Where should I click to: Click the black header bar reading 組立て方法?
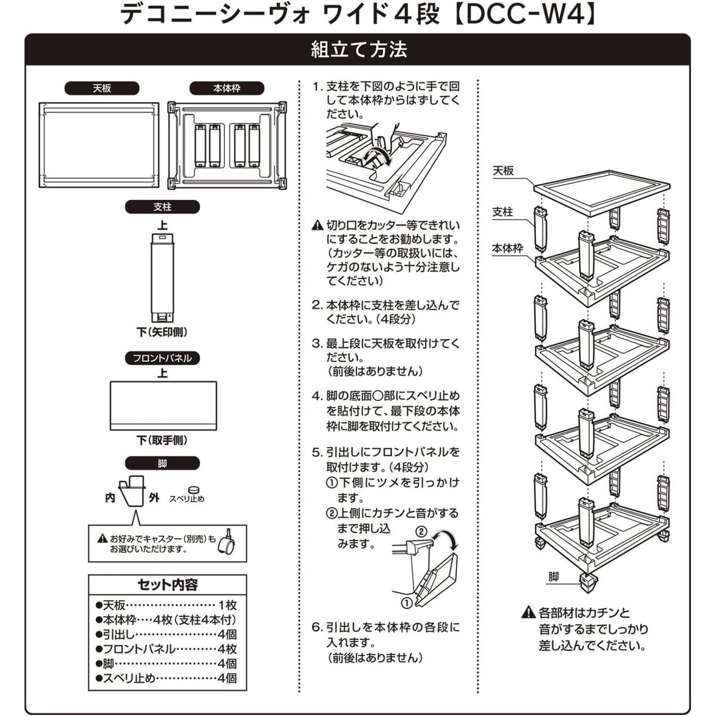coord(358,49)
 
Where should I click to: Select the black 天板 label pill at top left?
coord(102,88)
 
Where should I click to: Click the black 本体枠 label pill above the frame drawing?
coord(227,88)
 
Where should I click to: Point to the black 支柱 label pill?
coord(162,207)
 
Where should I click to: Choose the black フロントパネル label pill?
coord(162,358)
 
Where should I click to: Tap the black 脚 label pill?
coord(162,463)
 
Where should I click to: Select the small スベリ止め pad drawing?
coord(193,490)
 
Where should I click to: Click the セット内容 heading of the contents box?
coord(168,585)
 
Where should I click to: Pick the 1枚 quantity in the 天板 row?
coord(227,606)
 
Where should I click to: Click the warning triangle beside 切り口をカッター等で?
coord(317,226)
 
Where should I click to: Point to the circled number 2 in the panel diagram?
coord(421,531)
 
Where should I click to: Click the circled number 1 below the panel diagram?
coord(406,603)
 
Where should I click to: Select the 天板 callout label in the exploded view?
coord(503,171)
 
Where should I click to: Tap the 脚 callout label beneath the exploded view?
coord(554,576)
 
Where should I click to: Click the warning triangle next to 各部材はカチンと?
coord(528,613)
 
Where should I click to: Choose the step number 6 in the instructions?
coord(317,627)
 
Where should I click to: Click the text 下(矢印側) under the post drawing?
coord(162,332)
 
